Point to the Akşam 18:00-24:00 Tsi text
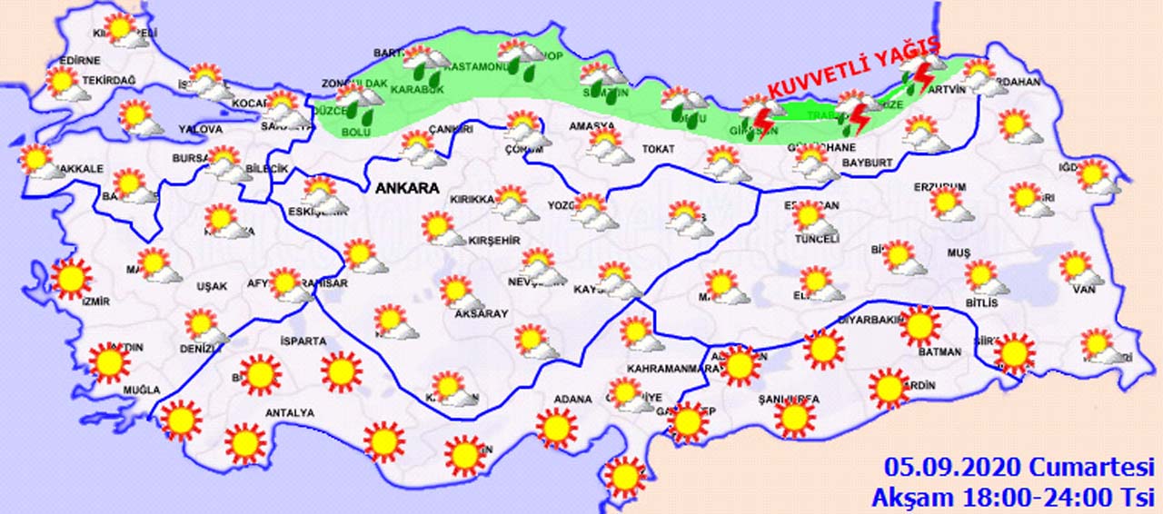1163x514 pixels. pyautogui.click(x=1010, y=497)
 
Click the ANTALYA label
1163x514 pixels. pyautogui.click(x=289, y=413)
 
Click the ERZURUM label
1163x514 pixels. pyautogui.click(x=940, y=187)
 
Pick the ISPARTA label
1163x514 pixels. pyautogui.click(x=303, y=341)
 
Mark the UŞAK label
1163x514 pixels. pyautogui.click(x=211, y=287)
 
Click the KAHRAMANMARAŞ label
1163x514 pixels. pyautogui.click(x=672, y=369)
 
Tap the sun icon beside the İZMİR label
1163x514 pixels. pyautogui.click(x=72, y=278)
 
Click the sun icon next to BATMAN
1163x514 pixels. pyautogui.click(x=920, y=325)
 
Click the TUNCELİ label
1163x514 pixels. pyautogui.click(x=816, y=239)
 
